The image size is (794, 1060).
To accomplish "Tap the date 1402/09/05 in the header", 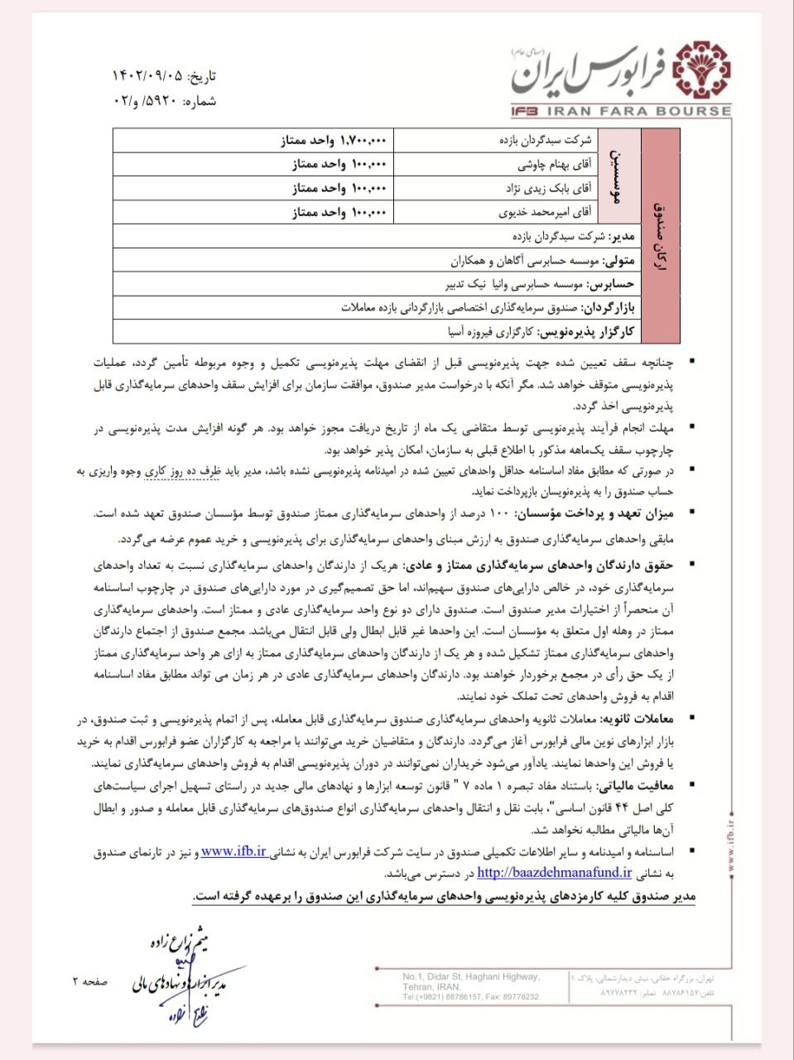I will (148, 76).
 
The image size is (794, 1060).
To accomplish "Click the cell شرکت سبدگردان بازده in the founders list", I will (546, 141).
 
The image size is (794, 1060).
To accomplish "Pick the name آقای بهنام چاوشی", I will (555, 164).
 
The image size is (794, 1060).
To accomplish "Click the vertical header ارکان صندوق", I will (659, 236).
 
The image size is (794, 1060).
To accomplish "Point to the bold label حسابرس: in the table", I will (611, 284).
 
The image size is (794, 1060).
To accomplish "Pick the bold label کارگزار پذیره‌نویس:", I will (587, 332).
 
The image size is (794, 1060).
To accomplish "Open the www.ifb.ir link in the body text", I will (234, 850).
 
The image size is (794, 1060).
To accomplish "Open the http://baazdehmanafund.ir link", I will (554, 872).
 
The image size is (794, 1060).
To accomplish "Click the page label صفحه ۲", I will (89, 981).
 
